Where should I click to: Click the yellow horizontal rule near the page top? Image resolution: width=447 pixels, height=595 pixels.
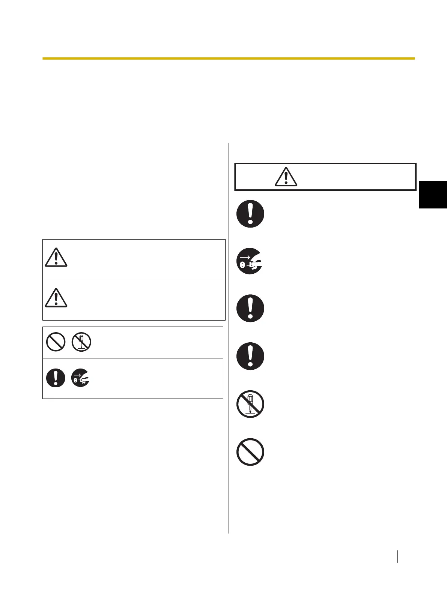click(228, 58)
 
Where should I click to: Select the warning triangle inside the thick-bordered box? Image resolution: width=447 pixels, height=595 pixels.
click(286, 177)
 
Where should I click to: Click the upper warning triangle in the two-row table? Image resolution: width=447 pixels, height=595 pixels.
click(56, 258)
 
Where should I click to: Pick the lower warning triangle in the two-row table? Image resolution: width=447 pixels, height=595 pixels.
click(56, 298)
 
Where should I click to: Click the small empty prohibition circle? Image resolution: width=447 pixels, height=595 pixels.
click(56, 342)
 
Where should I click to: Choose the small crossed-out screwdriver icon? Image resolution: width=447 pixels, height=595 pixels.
click(81, 342)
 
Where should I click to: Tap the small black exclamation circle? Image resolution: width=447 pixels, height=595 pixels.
click(56, 378)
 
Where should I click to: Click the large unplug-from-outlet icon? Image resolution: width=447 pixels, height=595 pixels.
click(250, 261)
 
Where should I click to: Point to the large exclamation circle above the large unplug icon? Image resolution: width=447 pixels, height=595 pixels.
click(250, 214)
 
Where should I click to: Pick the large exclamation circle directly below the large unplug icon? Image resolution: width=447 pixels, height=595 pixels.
click(250, 309)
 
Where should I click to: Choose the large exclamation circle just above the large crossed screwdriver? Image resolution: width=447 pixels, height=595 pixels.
click(250, 356)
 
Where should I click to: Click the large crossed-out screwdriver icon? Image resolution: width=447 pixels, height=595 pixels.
click(250, 404)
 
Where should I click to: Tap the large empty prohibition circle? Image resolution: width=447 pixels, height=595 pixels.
click(250, 452)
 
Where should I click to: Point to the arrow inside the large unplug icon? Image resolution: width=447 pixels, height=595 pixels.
click(244, 257)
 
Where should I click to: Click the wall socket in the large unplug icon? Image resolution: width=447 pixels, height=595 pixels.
click(242, 265)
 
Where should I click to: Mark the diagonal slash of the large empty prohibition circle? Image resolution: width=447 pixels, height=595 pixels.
click(250, 452)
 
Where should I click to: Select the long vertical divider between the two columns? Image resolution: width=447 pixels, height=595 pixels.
click(229, 337)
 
